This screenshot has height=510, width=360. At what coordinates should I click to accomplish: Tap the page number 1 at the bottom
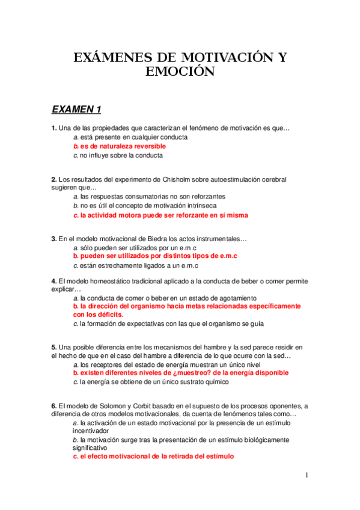307,475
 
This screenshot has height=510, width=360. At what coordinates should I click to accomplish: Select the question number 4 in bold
53,281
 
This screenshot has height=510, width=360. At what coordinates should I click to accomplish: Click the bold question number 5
53,348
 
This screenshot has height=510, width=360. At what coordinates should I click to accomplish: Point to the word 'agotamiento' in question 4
237,298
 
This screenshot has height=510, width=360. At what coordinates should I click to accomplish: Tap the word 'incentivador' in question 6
92,431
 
